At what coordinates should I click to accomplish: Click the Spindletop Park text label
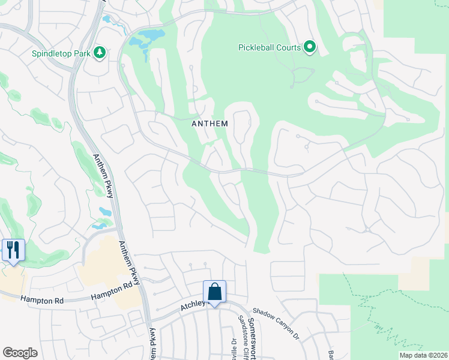pyautogui.click(x=61, y=53)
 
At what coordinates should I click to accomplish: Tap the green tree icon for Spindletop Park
pyautogui.click(x=100, y=53)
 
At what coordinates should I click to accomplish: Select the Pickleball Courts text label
pyautogui.click(x=269, y=47)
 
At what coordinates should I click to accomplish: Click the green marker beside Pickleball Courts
pyautogui.click(x=310, y=46)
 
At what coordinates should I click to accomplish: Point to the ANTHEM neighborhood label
pyautogui.click(x=209, y=124)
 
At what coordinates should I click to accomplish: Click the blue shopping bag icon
pyautogui.click(x=214, y=292)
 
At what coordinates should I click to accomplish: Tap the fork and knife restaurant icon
pyautogui.click(x=13, y=250)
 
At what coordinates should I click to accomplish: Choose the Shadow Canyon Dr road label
pyautogui.click(x=276, y=325)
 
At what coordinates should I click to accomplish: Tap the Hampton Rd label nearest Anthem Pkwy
pyautogui.click(x=112, y=291)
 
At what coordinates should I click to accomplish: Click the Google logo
pyautogui.click(x=20, y=353)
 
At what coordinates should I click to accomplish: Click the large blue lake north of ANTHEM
pyautogui.click(x=144, y=40)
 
